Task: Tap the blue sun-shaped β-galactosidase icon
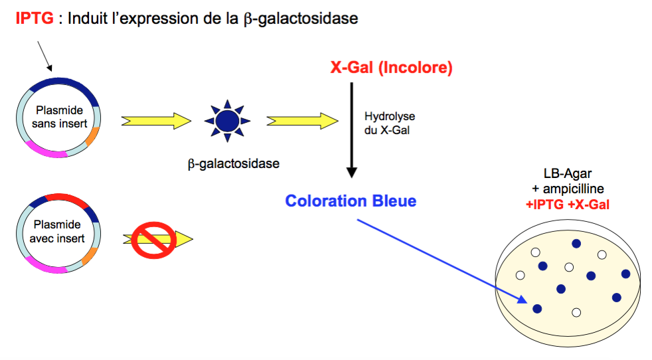coord(228,121)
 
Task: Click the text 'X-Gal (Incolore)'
coord(391,68)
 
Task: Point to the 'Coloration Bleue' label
coord(351,201)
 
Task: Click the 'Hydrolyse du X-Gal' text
coord(389,123)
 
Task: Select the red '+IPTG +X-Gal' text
coord(567,205)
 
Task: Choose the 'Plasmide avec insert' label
coord(59,232)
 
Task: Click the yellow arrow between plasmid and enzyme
coord(156,121)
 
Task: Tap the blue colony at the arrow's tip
coord(537,308)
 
